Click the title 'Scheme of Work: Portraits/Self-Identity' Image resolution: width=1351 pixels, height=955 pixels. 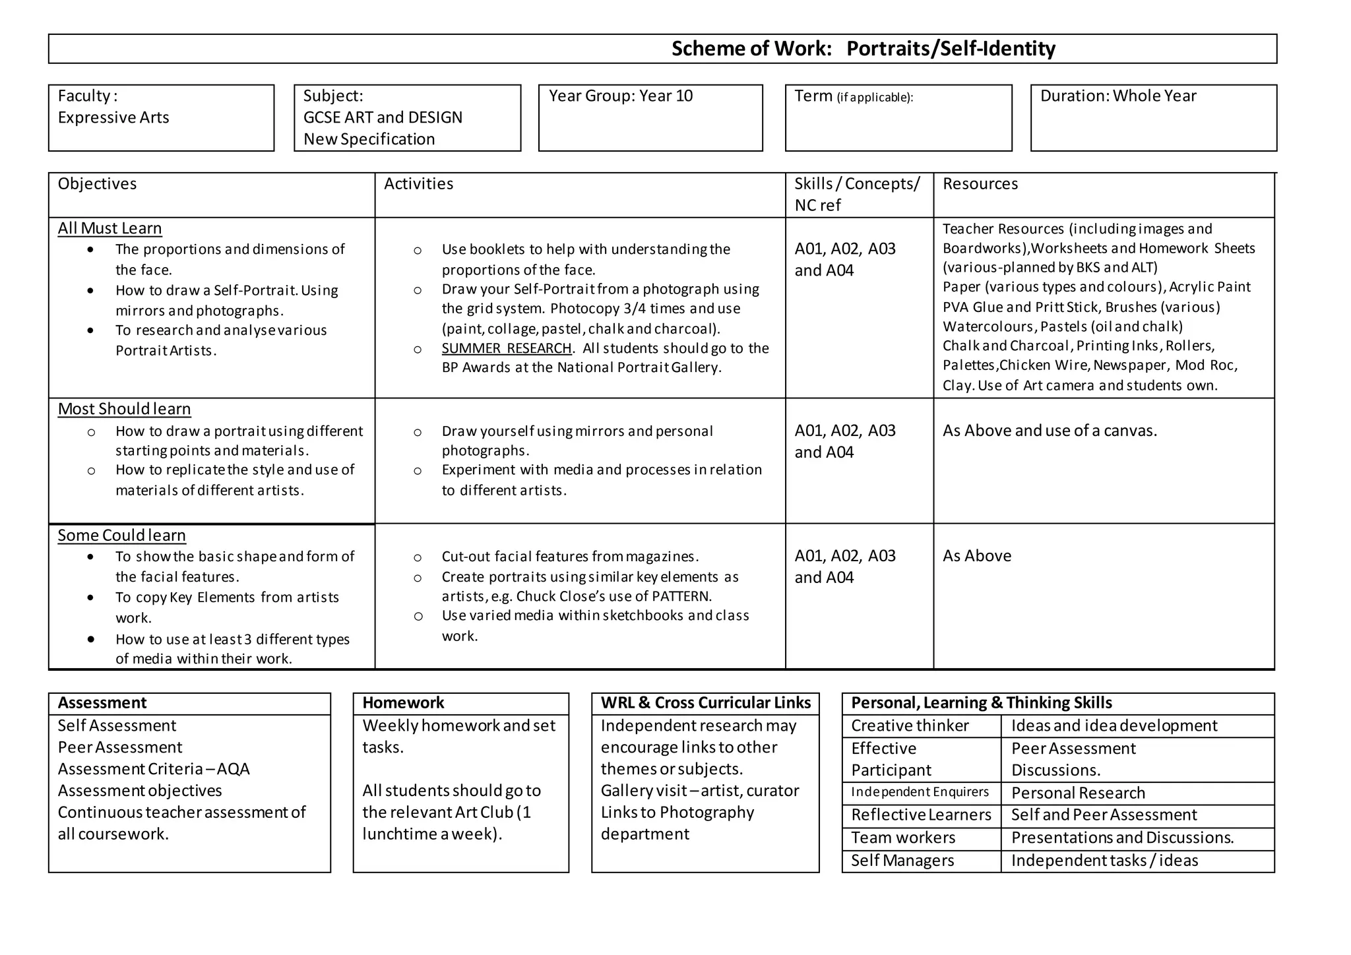(x=863, y=49)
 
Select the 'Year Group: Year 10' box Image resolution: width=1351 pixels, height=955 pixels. (x=621, y=96)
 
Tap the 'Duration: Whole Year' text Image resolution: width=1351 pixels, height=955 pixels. (x=1117, y=96)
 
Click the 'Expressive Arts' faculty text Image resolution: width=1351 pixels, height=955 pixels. (x=113, y=118)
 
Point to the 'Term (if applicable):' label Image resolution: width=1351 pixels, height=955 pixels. (x=854, y=97)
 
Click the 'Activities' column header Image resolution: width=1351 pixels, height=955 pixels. (x=418, y=184)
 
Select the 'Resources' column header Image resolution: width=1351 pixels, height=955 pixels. (x=980, y=184)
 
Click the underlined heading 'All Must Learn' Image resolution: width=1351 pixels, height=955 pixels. (x=110, y=228)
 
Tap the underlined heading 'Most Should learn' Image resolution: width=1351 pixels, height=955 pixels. (x=124, y=409)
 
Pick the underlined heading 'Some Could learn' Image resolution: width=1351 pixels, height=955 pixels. (x=121, y=536)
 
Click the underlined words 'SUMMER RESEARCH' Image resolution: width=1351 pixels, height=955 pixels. (x=506, y=348)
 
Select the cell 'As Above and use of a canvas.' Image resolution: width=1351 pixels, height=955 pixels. (x=1050, y=431)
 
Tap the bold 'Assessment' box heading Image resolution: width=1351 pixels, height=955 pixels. (x=102, y=703)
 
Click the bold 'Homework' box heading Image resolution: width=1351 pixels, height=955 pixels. (x=403, y=703)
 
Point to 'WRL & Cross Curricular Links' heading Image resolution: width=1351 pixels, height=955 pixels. (x=705, y=703)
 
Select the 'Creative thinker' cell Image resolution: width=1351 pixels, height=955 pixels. (x=910, y=726)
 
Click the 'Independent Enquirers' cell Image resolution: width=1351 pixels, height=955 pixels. (x=920, y=792)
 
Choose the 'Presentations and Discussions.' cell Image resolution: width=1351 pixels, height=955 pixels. (x=1122, y=838)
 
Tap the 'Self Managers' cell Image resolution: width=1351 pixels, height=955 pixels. (x=902, y=861)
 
